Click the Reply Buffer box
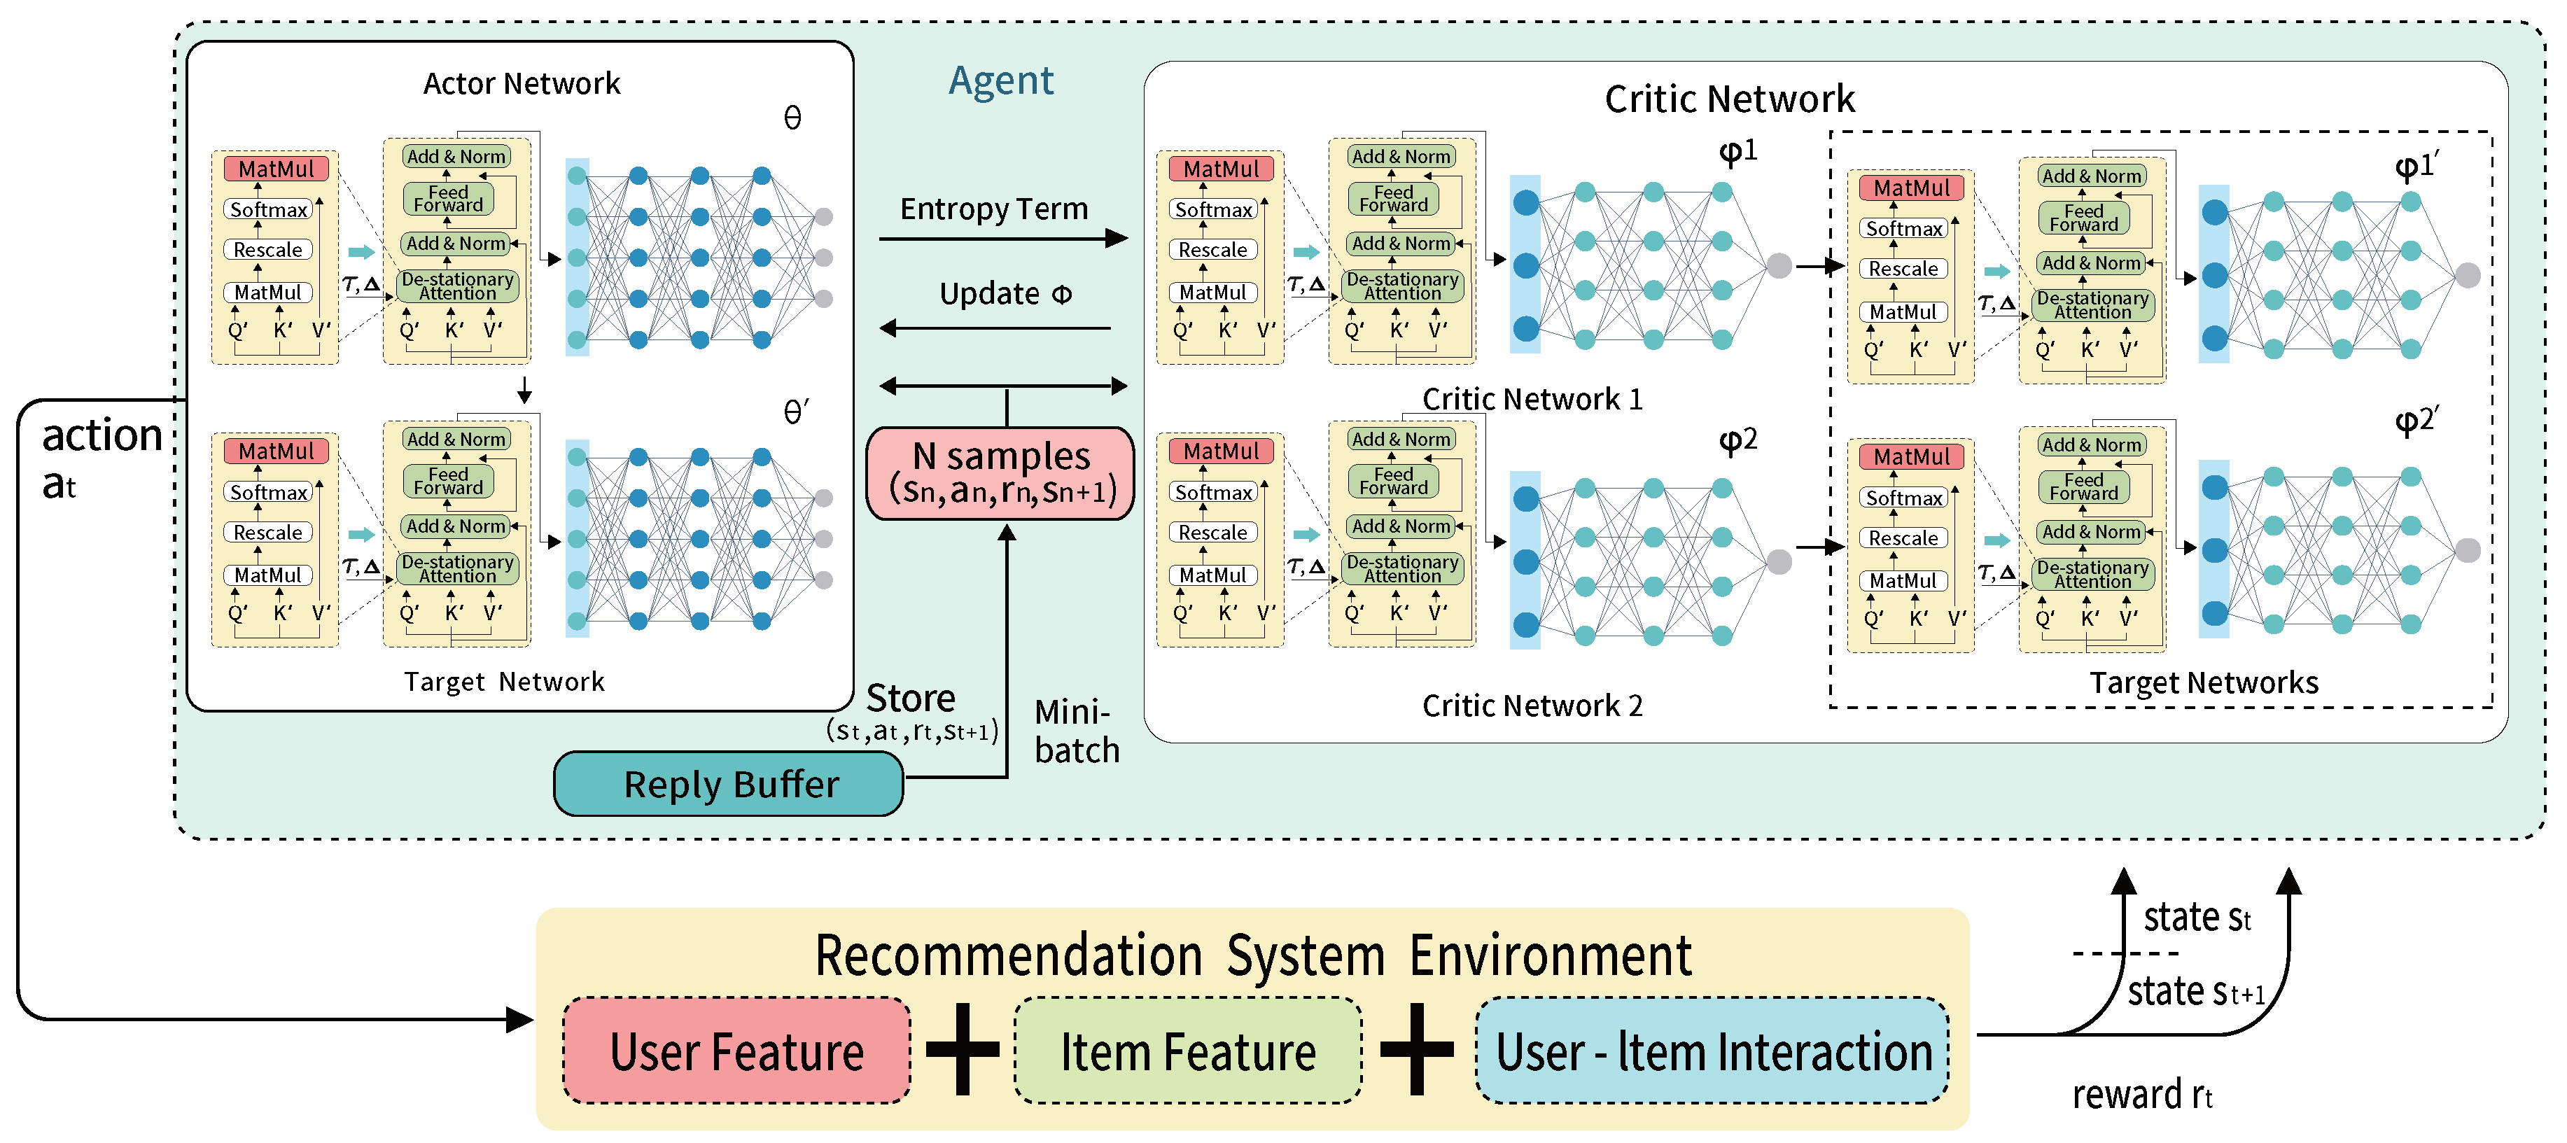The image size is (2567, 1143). point(729,784)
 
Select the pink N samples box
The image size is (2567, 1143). point(1000,473)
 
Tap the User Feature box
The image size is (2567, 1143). point(736,1051)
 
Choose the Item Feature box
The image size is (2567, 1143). point(1188,1051)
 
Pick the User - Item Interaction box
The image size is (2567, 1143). point(1712,1051)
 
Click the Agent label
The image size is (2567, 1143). point(1000,80)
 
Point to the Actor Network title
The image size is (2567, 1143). point(522,84)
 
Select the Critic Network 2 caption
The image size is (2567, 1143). point(1532,706)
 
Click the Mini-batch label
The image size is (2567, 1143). point(1076,731)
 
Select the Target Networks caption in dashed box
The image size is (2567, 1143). point(2203,682)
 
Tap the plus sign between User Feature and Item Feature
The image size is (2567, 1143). point(963,1049)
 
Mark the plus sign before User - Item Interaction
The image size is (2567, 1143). point(1417,1049)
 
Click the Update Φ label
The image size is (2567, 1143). point(1005,294)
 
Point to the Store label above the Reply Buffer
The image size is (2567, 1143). point(910,698)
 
